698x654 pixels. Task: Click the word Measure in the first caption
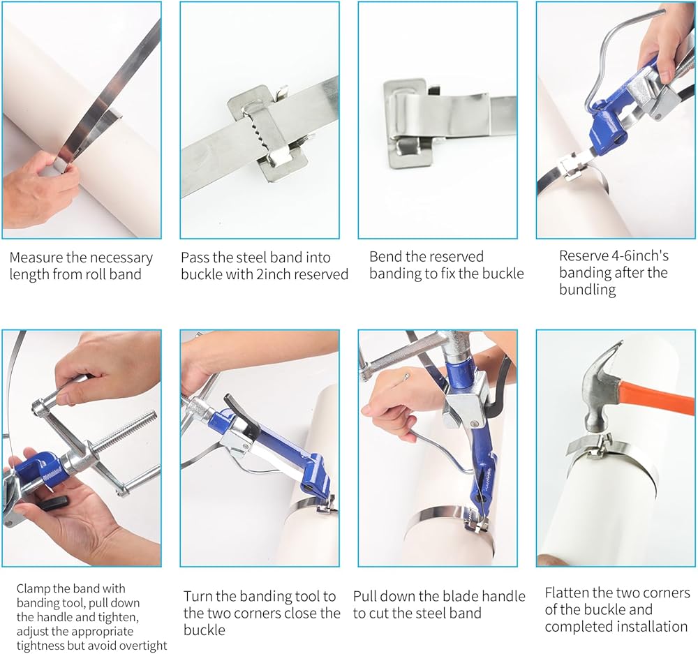coord(36,258)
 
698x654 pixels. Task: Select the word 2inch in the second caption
coord(274,274)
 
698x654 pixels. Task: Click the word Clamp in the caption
coord(33,589)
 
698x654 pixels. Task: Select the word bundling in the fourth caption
coord(587,290)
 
